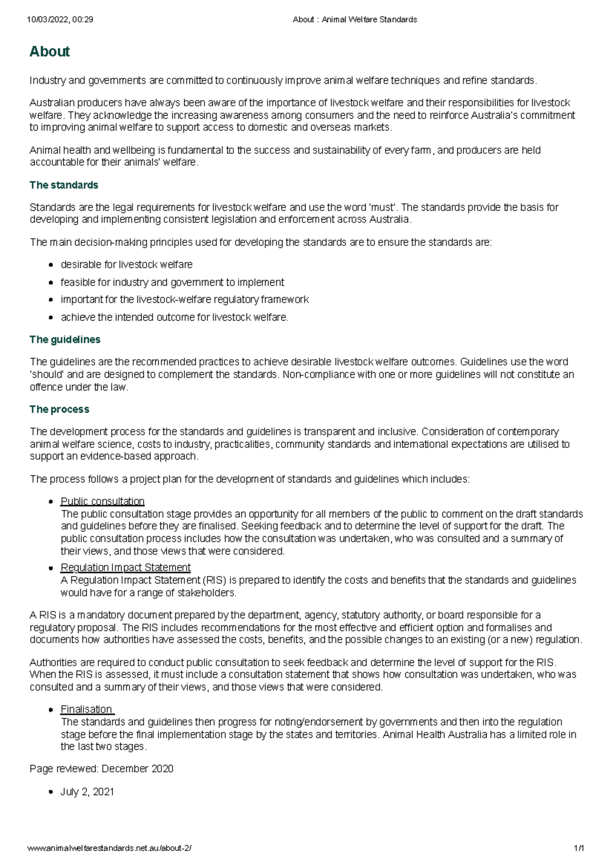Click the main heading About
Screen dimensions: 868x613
(50, 52)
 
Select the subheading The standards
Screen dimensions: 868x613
(64, 185)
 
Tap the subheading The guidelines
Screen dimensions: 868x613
(65, 339)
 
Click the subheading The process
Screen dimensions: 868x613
(59, 409)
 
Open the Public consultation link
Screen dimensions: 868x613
(102, 501)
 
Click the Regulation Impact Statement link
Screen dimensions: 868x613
(125, 567)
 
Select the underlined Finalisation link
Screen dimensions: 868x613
(86, 710)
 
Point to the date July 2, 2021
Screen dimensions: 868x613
(87, 792)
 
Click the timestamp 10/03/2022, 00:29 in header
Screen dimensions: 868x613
(60, 20)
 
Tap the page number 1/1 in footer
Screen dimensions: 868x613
(578, 849)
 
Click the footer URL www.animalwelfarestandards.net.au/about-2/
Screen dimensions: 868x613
(110, 849)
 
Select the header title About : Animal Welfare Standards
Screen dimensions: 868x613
(355, 20)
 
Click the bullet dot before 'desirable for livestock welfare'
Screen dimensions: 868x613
(51, 265)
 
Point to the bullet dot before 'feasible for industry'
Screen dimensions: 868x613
(51, 283)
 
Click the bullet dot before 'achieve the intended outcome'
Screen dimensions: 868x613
(51, 318)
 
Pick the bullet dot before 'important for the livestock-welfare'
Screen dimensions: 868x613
(51, 300)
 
